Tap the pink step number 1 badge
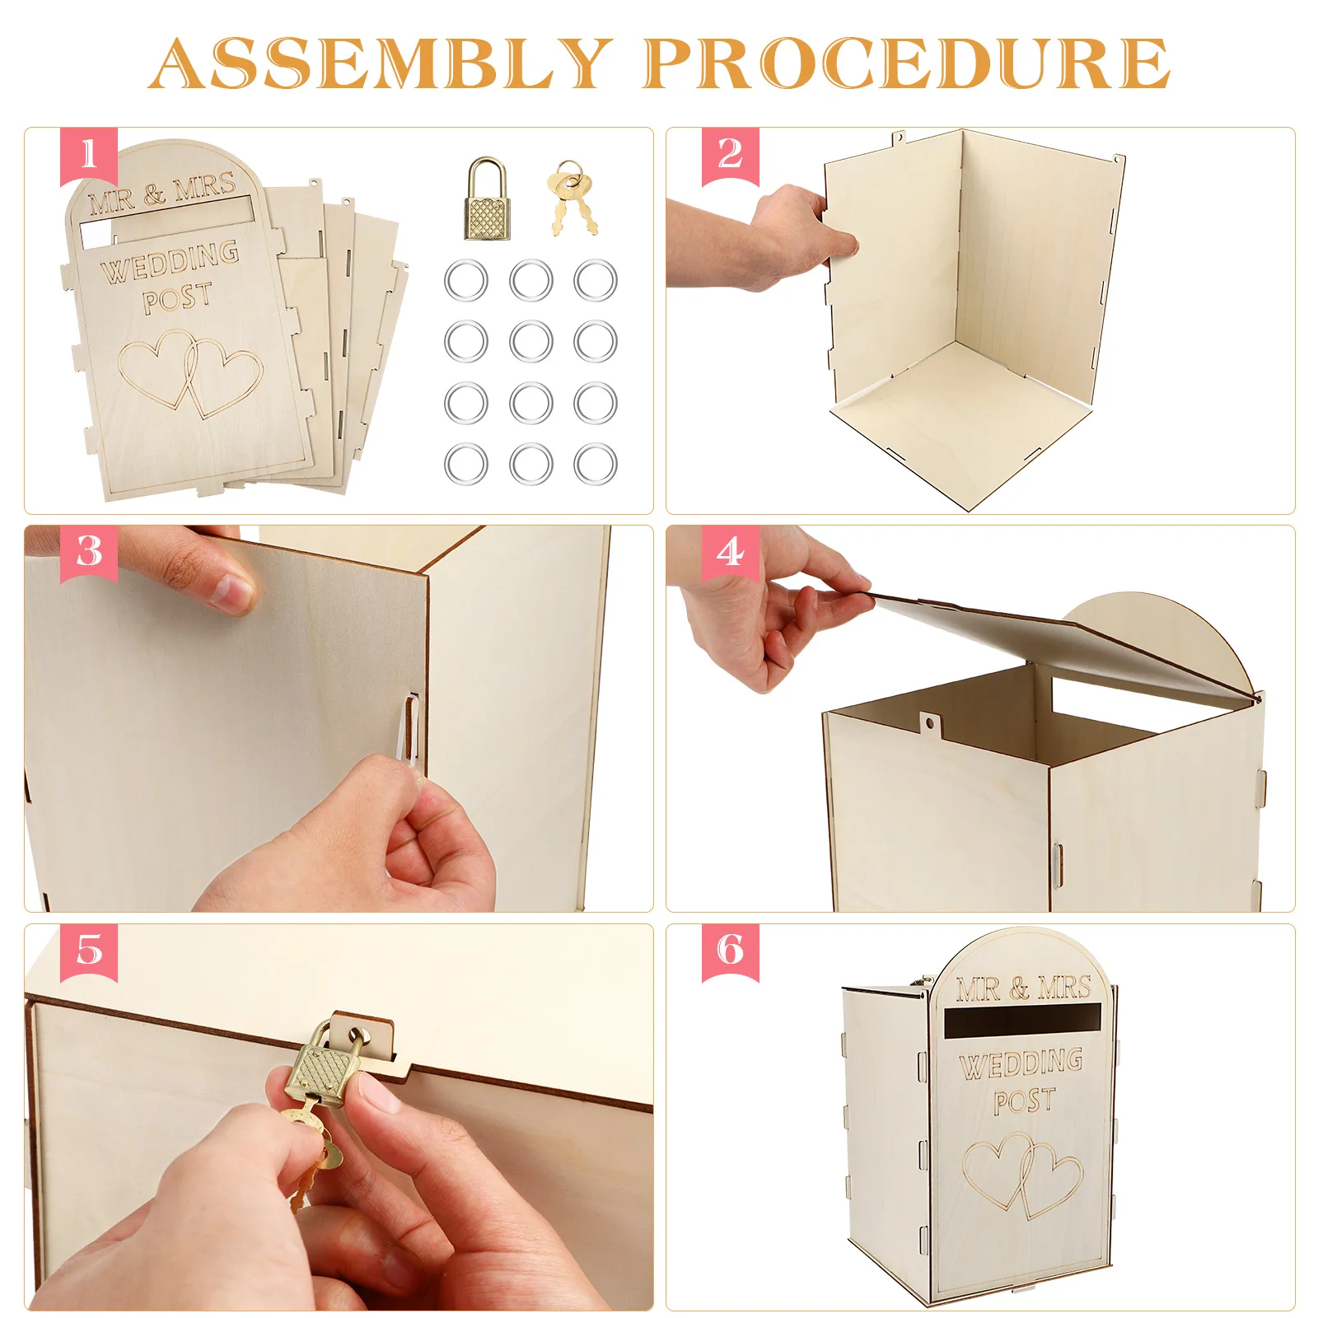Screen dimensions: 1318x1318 [89, 157]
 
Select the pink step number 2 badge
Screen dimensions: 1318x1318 [731, 157]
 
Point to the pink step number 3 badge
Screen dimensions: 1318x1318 [89, 554]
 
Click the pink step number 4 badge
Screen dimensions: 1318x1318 [731, 554]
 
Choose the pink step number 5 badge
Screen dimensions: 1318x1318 [89, 952]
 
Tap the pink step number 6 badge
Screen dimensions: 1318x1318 [731, 952]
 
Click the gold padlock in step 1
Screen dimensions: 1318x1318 [488, 199]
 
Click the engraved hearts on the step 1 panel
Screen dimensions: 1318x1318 [189, 373]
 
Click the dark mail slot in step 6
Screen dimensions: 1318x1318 [1022, 1022]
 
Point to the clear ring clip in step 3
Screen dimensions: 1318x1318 [409, 729]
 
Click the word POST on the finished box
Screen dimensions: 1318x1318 [1025, 1101]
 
